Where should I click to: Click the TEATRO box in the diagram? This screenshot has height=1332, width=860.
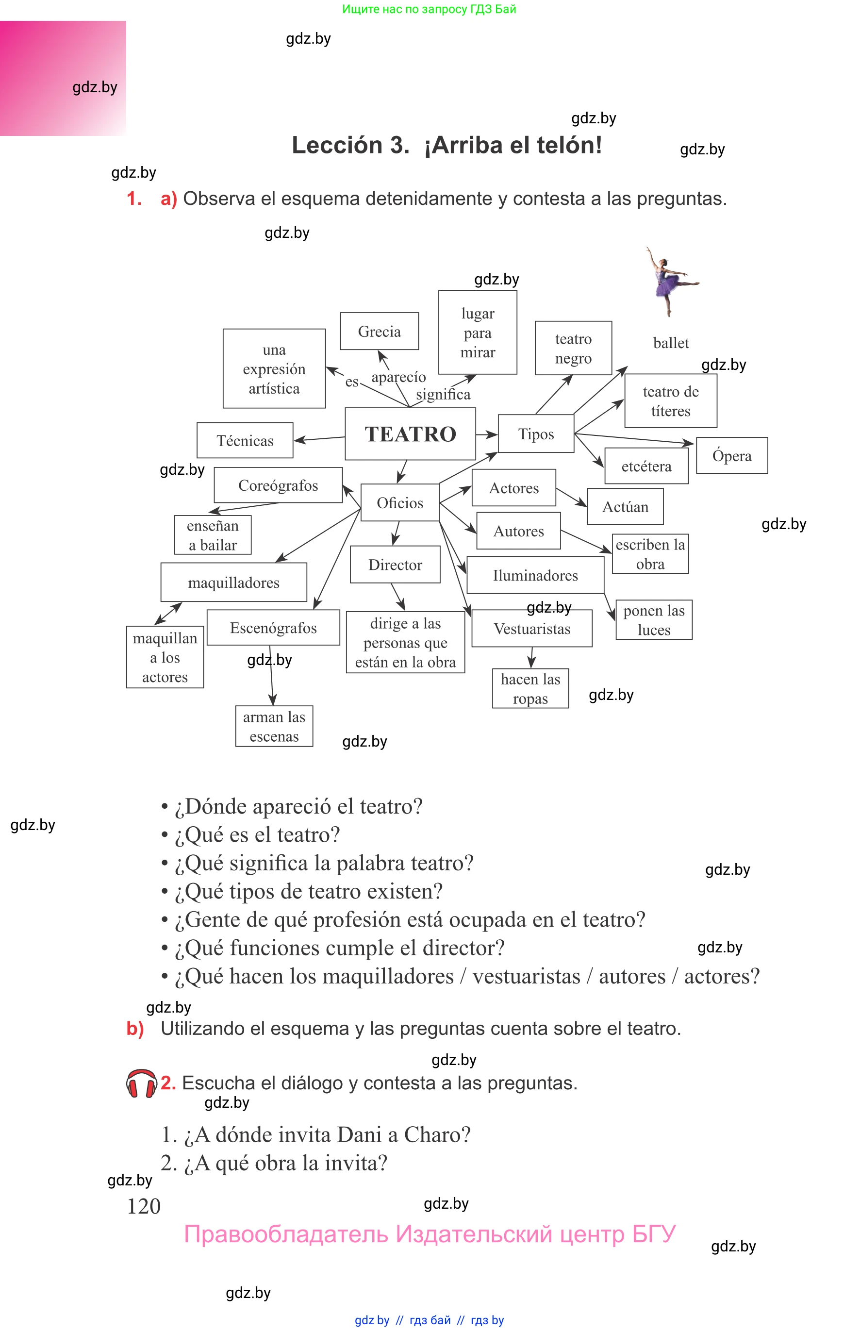coord(411,434)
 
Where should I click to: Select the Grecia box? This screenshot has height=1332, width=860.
coord(379,331)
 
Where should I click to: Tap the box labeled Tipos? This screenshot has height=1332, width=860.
coord(536,433)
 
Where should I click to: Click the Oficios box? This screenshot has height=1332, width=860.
coord(400,502)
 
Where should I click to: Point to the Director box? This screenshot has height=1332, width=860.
coord(395,565)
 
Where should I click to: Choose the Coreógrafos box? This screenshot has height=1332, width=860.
coord(278,485)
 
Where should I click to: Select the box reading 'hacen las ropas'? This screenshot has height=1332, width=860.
coord(530,689)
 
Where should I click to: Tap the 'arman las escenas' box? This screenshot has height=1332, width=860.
coord(274,726)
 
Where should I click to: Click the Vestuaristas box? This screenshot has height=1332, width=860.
coord(532,628)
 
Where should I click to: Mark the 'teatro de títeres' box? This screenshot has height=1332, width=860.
coord(671,401)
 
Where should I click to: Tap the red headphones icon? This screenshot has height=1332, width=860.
coord(142,1084)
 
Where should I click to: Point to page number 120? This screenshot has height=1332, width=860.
coord(144,1206)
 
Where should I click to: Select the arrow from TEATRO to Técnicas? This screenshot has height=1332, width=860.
coord(319,439)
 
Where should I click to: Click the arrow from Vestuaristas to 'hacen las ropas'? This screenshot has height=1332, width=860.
coord(531,658)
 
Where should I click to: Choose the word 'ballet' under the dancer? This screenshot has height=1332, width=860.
coord(671,342)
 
